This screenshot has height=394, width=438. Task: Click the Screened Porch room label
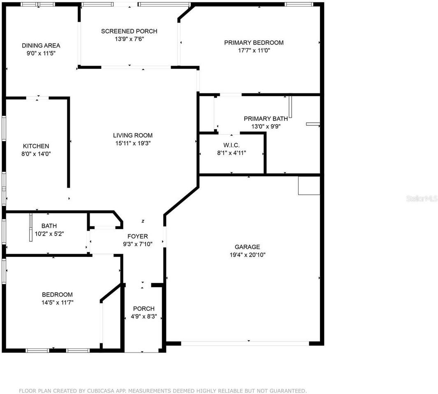129,31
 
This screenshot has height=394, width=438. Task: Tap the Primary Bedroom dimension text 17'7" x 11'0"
253,50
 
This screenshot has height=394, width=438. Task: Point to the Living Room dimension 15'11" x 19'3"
133,143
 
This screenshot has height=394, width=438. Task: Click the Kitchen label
36,146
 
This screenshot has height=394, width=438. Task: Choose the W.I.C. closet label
231,145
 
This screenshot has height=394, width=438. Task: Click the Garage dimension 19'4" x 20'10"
247,255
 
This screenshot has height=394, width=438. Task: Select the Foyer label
137,236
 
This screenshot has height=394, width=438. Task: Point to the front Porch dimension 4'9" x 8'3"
144,317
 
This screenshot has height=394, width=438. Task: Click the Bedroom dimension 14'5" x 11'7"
57,302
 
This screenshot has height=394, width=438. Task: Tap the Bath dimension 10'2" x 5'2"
49,234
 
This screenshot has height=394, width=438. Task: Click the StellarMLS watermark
422,198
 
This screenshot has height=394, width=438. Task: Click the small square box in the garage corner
309,186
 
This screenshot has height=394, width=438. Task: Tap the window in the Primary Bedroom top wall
299,5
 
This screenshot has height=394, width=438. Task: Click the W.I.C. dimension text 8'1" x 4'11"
231,153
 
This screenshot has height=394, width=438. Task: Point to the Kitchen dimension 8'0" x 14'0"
36,154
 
